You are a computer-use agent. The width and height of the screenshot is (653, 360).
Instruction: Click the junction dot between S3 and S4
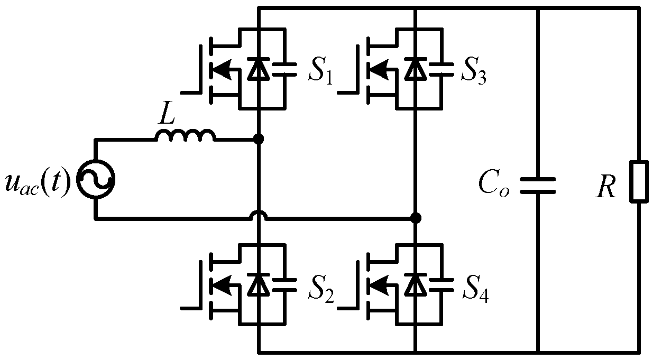click(416, 218)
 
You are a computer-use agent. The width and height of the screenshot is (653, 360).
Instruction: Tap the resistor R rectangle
click(639, 181)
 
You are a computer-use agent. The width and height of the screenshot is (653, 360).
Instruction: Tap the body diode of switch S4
click(416, 285)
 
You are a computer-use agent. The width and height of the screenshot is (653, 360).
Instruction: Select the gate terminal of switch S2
click(189, 307)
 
